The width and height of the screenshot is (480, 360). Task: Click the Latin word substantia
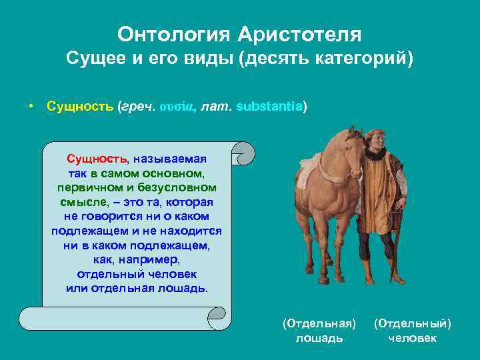click(269, 107)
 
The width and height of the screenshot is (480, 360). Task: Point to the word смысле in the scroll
click(84, 202)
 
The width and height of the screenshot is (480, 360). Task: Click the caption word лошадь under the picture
click(319, 338)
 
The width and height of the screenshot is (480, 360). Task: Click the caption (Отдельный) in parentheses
click(412, 323)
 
